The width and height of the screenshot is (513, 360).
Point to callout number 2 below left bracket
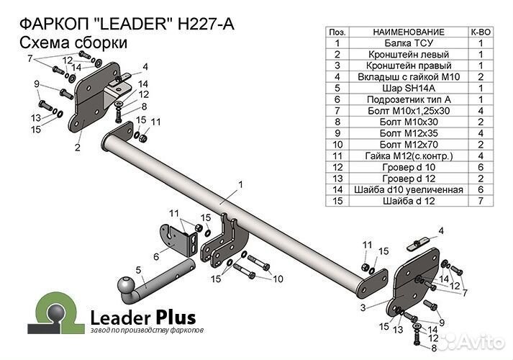click(76, 149)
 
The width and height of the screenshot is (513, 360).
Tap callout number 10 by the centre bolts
click(278, 278)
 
